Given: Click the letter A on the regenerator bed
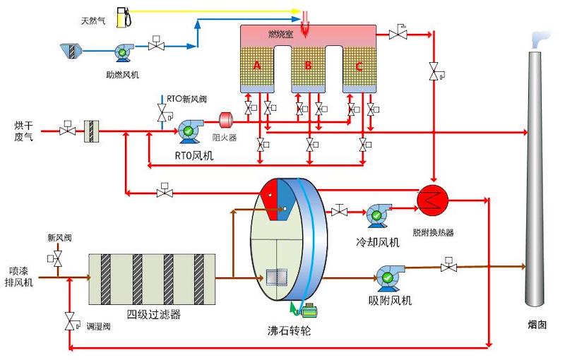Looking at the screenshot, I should coord(257,66).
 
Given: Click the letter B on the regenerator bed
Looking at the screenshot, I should coord(308,66).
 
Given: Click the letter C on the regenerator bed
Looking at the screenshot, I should coord(359,66).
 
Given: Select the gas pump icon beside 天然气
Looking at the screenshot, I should coord(127,16).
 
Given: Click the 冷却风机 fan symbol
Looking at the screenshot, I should coord(376,214).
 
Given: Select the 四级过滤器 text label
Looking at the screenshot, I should coord(153,314).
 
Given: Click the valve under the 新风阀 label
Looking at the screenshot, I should coord(56,259).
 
